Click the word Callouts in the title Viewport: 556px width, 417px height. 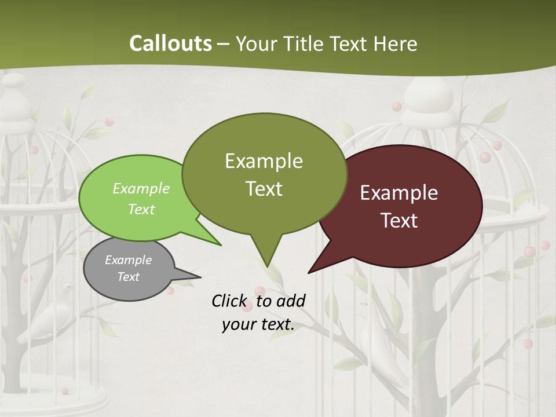(x=170, y=43)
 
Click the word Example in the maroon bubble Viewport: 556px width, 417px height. (x=399, y=193)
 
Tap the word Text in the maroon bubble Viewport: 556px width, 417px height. (x=400, y=221)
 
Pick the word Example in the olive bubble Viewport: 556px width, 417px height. (x=264, y=161)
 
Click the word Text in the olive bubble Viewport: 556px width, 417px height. (x=264, y=189)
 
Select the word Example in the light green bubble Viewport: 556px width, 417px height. (x=141, y=189)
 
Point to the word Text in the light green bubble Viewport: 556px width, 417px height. (x=141, y=209)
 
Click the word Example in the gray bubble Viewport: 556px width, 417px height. (x=128, y=260)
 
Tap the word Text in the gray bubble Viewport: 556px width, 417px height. (x=128, y=277)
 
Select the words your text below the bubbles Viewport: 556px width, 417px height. (x=258, y=325)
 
